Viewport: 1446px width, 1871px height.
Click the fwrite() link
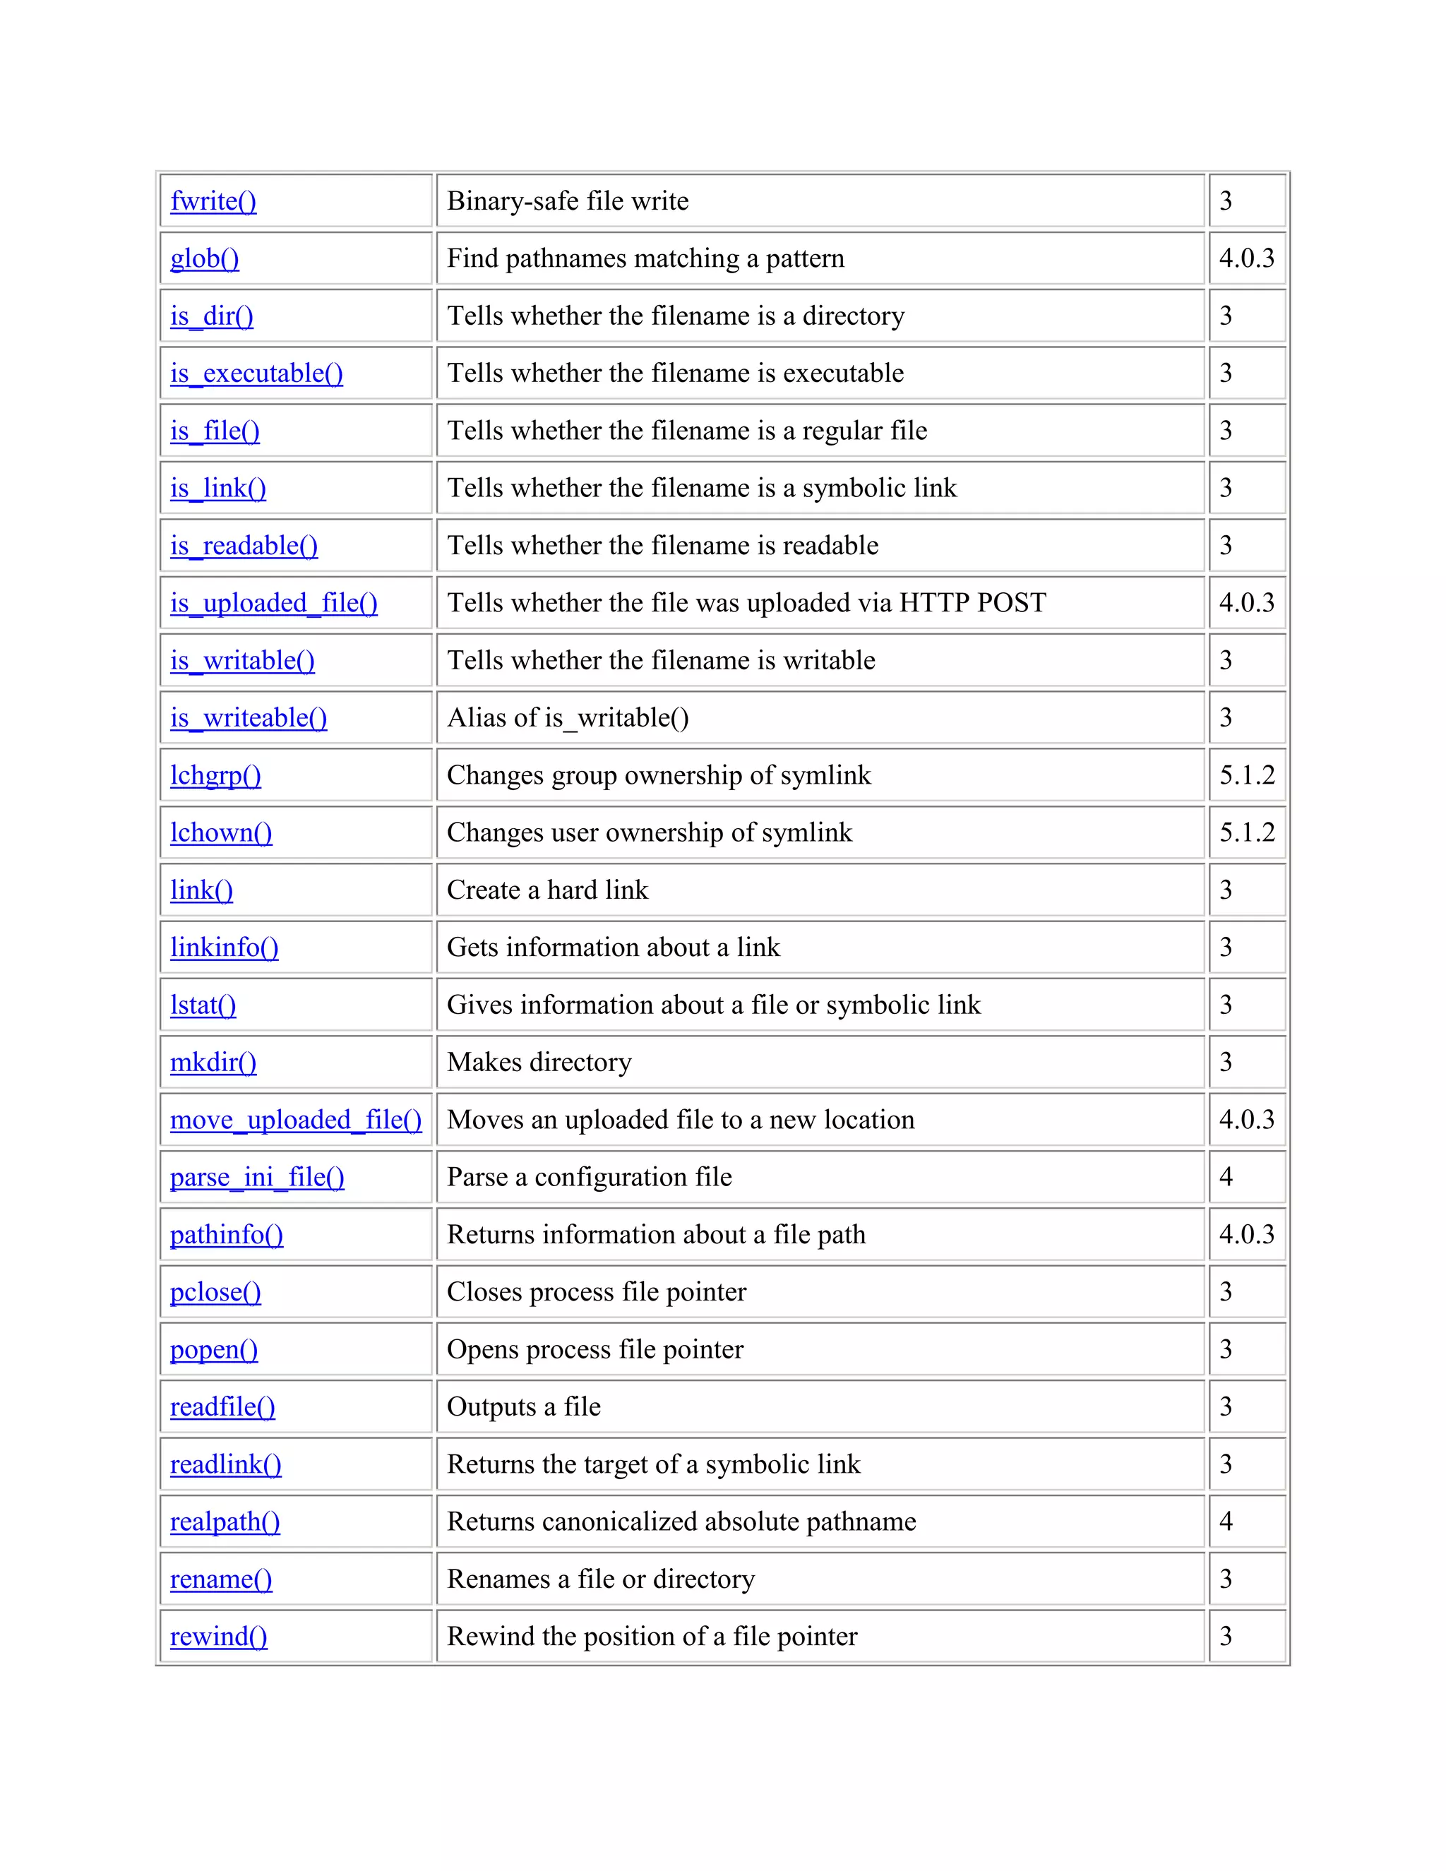point(213,201)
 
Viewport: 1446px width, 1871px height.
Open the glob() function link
point(205,258)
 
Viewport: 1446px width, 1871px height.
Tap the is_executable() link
point(256,373)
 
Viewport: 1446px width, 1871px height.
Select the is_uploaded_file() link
point(273,603)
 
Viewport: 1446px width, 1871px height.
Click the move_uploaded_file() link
point(296,1120)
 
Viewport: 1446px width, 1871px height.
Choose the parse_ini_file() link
point(257,1177)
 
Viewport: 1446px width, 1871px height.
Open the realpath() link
point(225,1522)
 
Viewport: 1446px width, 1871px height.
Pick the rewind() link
point(218,1637)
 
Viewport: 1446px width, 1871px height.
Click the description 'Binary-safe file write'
point(567,201)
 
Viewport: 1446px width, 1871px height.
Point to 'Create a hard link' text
point(547,890)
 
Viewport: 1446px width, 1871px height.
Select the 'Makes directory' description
point(539,1063)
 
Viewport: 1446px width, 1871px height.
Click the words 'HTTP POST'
point(972,603)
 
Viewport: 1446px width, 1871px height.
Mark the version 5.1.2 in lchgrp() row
point(1246,775)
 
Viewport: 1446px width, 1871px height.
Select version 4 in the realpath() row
point(1226,1522)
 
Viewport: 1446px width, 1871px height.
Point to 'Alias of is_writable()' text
point(567,718)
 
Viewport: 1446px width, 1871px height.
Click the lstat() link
point(203,1005)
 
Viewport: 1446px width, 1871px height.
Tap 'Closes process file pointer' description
point(596,1292)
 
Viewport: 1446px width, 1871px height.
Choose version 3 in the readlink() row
point(1226,1464)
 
